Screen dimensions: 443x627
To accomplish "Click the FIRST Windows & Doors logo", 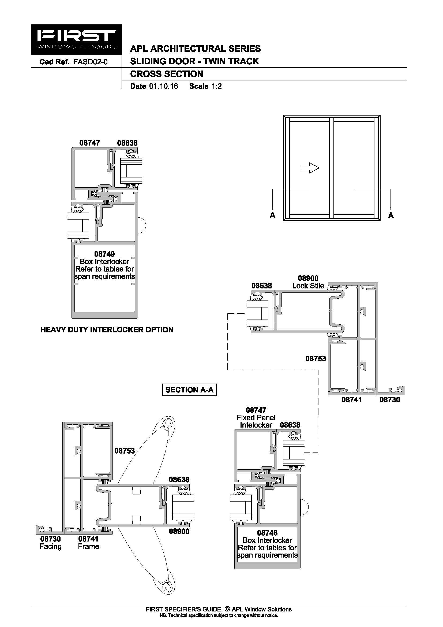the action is point(76,40).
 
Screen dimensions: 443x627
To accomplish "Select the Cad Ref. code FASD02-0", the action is point(91,62).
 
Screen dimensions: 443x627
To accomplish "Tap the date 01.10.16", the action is point(163,86).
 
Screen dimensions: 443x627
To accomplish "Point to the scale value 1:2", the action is point(216,86).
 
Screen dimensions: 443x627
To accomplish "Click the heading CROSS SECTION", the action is point(167,74).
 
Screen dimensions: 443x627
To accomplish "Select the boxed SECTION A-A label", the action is point(189,390).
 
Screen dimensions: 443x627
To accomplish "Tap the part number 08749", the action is point(104,254).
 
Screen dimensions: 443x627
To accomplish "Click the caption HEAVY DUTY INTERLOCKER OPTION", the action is point(107,330).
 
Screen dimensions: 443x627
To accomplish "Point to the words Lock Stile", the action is point(308,286).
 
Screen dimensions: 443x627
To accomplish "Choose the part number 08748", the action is point(267,533).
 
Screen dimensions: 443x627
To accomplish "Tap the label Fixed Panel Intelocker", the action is point(256,421).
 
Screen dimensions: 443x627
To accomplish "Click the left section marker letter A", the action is point(272,216).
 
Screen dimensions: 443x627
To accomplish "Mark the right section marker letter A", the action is point(391,216).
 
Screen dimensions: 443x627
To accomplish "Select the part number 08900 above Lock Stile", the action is point(308,278).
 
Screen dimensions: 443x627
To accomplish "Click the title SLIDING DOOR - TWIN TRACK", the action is point(194,61).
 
